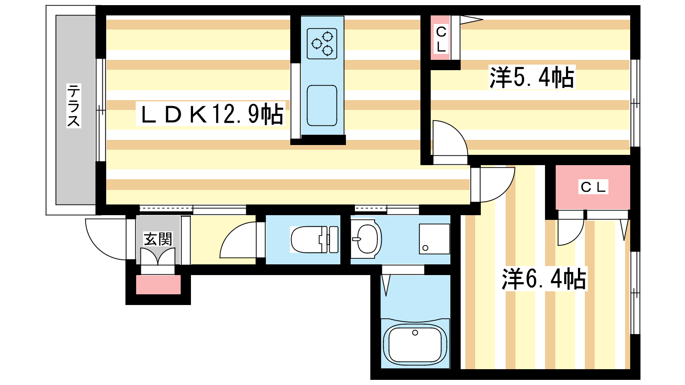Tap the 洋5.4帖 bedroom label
tap(532, 77)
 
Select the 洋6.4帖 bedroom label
tap(544, 278)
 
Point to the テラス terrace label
tap(74, 105)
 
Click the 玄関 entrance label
tap(158, 239)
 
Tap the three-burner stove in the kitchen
tap(322, 44)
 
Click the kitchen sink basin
tap(322, 105)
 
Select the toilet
tap(314, 240)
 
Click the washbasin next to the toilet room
tap(366, 239)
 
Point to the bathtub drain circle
tap(415, 333)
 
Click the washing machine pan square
tap(434, 239)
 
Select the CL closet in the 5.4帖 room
tap(441, 38)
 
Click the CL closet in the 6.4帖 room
tap(593, 187)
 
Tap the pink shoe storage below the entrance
tap(158, 285)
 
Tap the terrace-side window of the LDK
tap(101, 110)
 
